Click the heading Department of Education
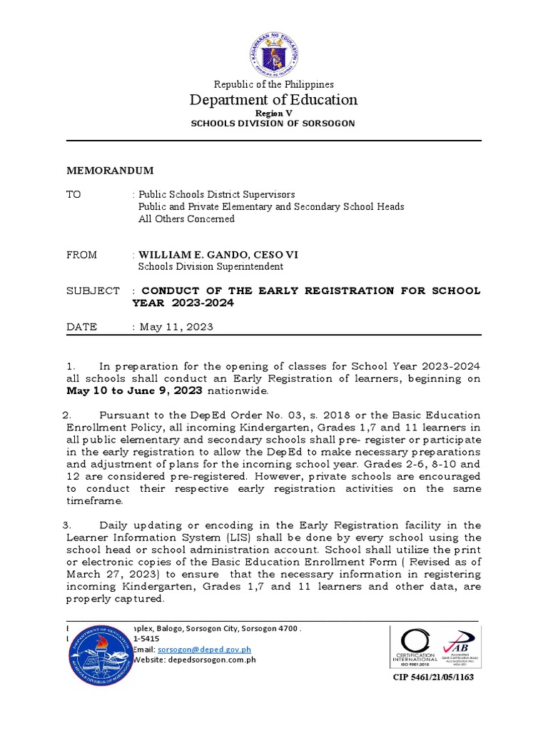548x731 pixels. pos(273,100)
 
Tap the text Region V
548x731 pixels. pos(273,114)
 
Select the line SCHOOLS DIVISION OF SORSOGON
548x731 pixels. pos(273,123)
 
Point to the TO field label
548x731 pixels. pos(73,194)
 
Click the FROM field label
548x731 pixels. pos(81,255)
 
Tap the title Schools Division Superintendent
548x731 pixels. pos(210,267)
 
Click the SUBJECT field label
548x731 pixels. pos(93,291)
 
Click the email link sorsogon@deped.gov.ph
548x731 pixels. pos(204,650)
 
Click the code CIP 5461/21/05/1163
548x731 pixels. pos(433,677)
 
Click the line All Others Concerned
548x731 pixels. pos(186,219)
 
